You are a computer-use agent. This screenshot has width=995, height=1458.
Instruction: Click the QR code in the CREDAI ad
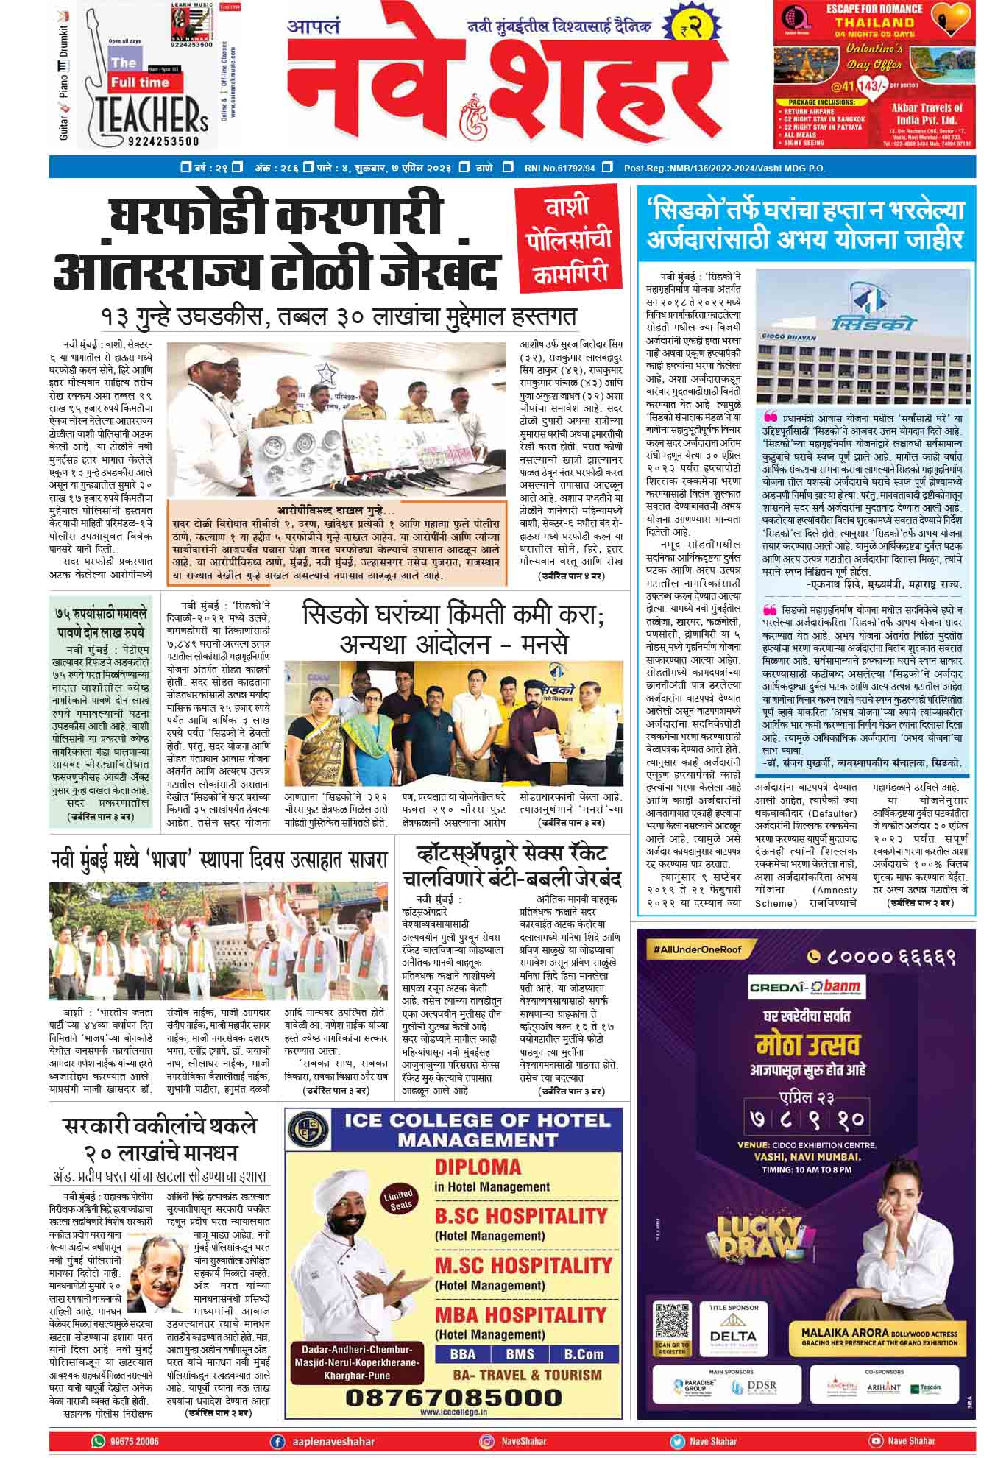coord(672,1322)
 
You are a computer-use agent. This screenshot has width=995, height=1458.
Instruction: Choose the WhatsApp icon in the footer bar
coord(98,1440)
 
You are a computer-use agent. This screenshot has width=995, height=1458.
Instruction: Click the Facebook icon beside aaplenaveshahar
coord(277,1441)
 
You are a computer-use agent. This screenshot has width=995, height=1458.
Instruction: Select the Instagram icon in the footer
coord(486,1441)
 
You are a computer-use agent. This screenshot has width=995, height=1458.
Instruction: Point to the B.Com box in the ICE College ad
coord(584,1353)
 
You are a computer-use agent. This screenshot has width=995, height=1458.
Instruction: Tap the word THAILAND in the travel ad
coord(874,22)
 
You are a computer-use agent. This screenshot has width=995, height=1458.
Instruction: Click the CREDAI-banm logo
coord(806,986)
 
